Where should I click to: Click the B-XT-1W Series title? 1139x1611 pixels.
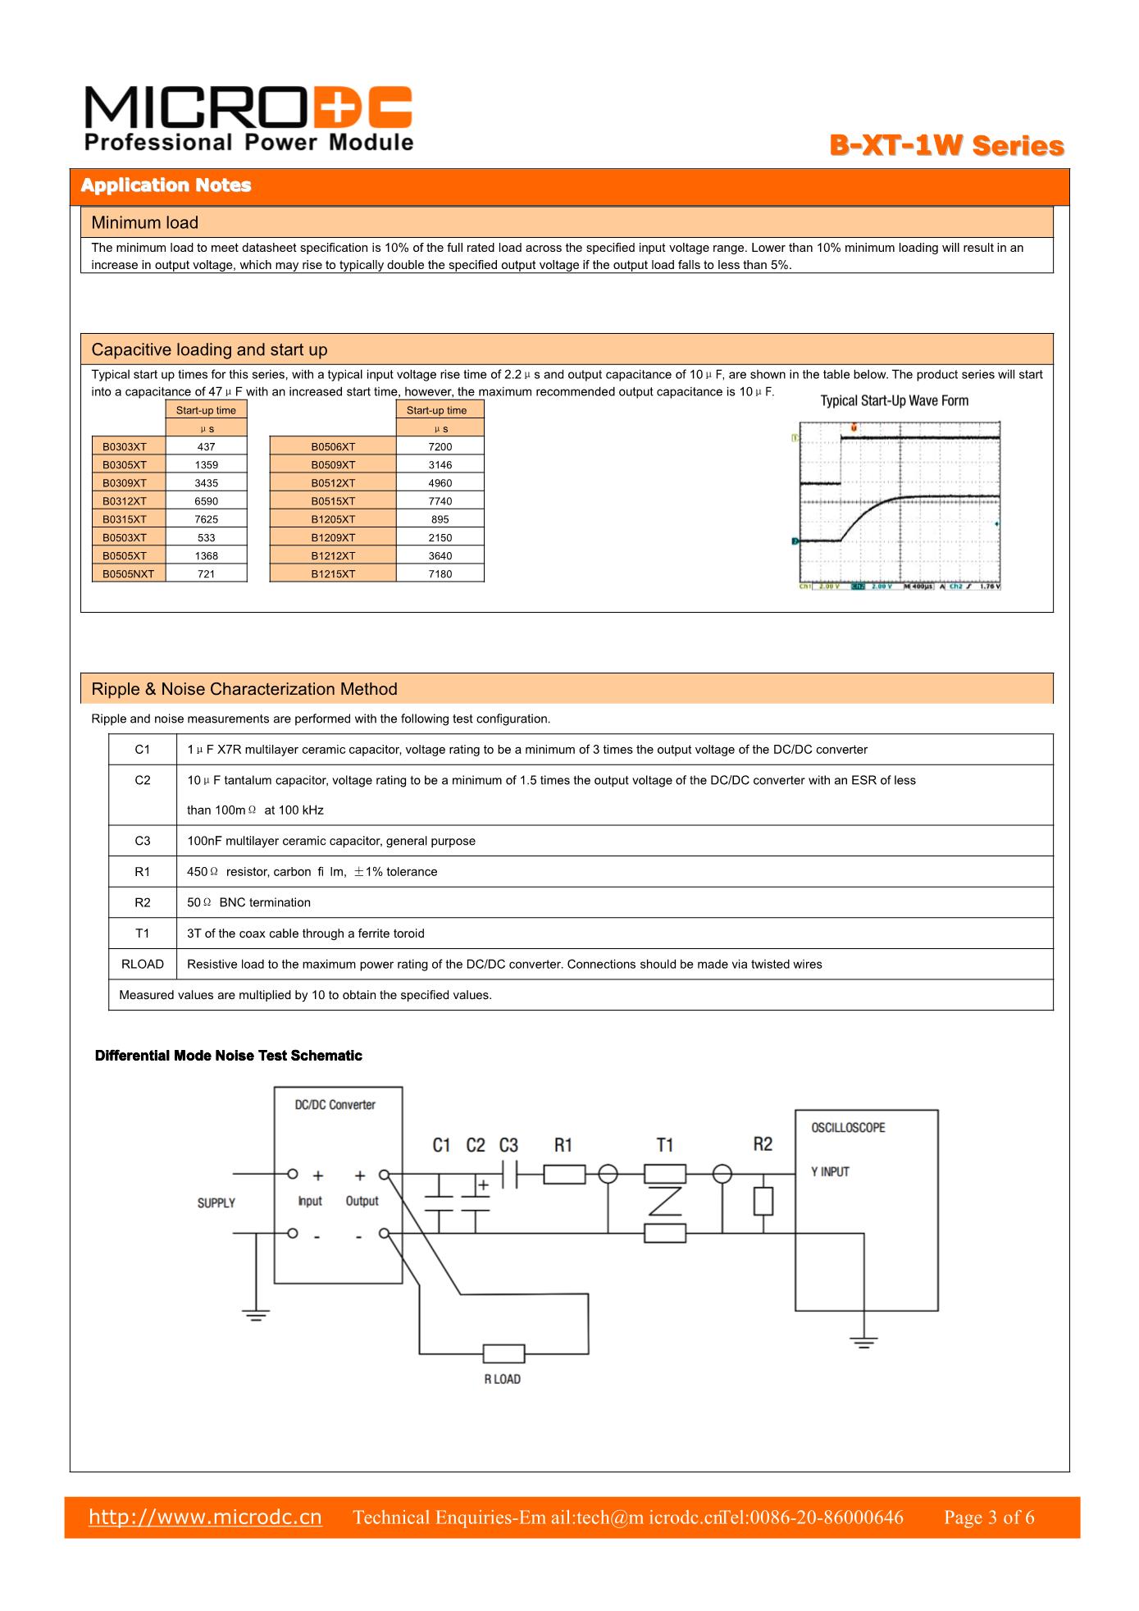click(946, 147)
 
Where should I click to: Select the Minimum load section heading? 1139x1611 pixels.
click(145, 222)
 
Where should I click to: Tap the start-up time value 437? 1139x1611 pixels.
click(207, 446)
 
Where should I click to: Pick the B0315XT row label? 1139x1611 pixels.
click(125, 519)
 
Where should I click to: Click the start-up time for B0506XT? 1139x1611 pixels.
click(440, 446)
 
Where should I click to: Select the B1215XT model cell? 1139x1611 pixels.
click(333, 574)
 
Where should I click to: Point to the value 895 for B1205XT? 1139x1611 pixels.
click(440, 519)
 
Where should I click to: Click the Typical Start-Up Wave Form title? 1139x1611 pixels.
click(895, 400)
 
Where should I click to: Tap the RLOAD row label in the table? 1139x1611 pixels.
click(143, 964)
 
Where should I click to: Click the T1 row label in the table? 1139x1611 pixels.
click(143, 933)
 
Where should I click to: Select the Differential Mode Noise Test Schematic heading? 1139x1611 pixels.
click(229, 1056)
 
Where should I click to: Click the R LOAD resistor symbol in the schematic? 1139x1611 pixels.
click(503, 1353)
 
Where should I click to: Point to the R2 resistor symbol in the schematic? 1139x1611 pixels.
click(763, 1202)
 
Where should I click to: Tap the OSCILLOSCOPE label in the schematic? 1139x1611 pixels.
click(849, 1128)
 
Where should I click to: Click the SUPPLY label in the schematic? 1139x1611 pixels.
click(216, 1203)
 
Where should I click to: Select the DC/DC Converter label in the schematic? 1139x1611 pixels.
click(335, 1105)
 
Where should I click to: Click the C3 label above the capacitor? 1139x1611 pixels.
click(508, 1145)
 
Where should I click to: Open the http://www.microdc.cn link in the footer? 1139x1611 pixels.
click(205, 1517)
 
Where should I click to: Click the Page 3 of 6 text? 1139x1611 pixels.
click(989, 1517)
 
